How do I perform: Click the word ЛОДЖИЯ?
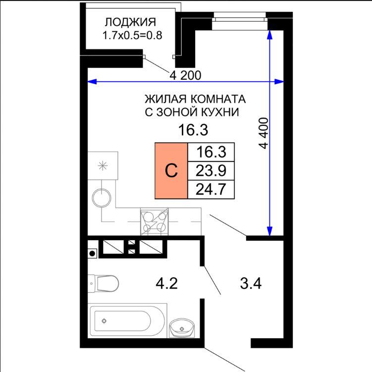click(130, 22)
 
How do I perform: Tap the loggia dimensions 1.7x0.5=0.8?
click(132, 35)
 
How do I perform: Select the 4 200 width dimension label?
click(185, 75)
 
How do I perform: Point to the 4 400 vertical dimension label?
click(264, 133)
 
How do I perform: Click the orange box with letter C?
click(171, 170)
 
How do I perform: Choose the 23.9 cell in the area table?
click(211, 171)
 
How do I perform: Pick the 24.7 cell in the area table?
click(211, 189)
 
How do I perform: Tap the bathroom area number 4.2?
click(167, 283)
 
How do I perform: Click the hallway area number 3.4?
click(251, 283)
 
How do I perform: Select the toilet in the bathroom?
click(103, 283)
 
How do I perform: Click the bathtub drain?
click(104, 321)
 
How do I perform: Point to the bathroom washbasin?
click(182, 328)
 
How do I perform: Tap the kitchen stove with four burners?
click(155, 222)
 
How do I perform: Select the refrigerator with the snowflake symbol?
click(103, 165)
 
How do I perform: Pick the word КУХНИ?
click(220, 112)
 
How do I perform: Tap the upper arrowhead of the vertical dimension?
click(269, 34)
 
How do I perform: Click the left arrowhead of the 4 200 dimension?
click(92, 82)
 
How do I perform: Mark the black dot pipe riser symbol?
click(92, 254)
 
